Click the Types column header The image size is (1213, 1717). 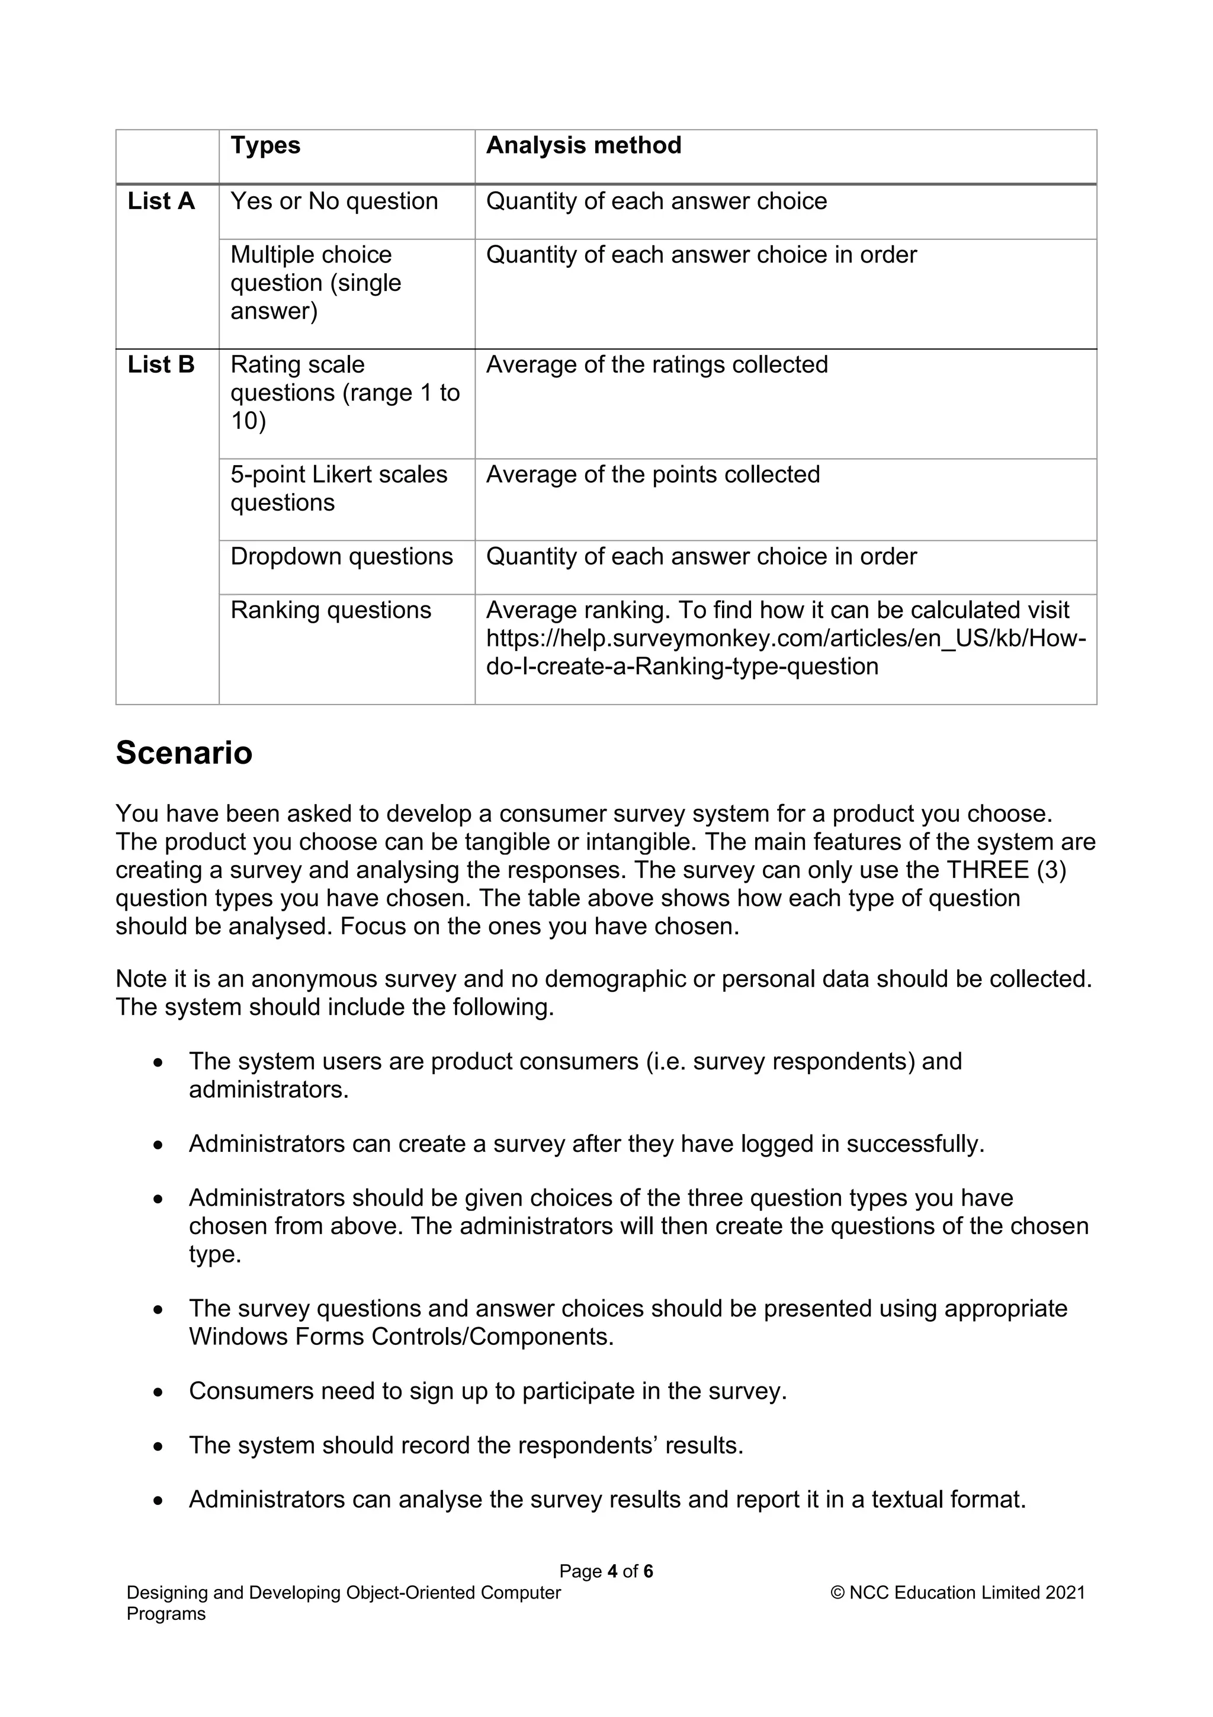point(265,145)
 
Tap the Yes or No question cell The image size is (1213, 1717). point(333,201)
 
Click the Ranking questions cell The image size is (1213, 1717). point(330,610)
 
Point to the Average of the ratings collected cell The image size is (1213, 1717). point(656,364)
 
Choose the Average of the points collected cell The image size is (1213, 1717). point(653,474)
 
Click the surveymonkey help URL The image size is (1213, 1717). point(785,639)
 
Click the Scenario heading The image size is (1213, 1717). point(184,752)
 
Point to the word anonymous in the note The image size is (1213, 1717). point(315,979)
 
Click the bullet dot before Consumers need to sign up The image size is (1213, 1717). point(158,1393)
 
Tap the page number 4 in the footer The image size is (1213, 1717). point(612,1571)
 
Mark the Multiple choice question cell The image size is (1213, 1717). point(316,283)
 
